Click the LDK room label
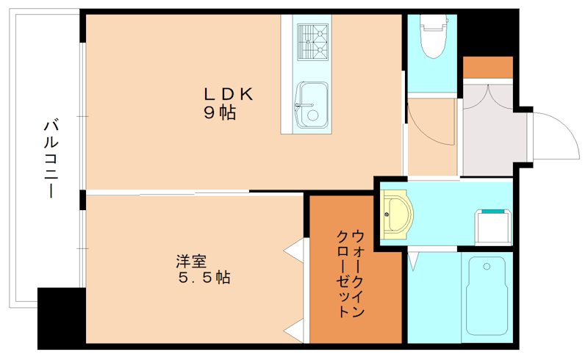228,94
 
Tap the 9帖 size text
220,113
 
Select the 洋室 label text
190,261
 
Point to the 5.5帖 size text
205,278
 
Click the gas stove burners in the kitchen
312,40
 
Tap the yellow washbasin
398,215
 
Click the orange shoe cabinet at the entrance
487,67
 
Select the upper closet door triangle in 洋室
295,250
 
